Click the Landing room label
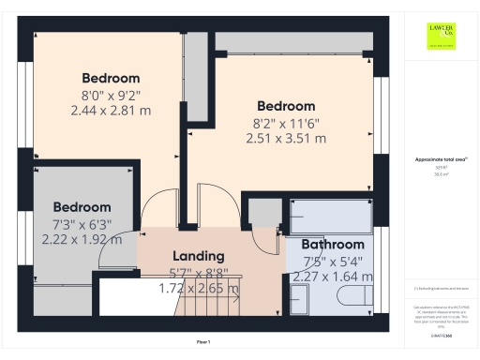click(x=198, y=256)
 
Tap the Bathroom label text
click(x=332, y=245)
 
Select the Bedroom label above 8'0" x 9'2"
click(x=111, y=78)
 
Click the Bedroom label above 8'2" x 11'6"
click(x=286, y=106)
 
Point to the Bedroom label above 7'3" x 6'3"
click(x=82, y=207)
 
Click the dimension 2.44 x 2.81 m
click(x=111, y=110)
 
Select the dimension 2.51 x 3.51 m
click(x=286, y=138)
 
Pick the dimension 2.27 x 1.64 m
click(x=332, y=277)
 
